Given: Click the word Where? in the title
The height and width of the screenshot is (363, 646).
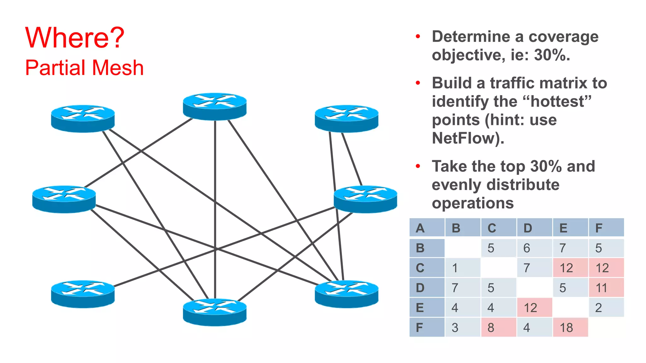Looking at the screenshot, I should [75, 38].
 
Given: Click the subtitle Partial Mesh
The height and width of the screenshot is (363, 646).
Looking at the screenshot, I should [84, 68].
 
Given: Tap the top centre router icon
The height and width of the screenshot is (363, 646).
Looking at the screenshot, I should [215, 106].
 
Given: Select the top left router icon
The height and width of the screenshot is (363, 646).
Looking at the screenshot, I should [83, 118].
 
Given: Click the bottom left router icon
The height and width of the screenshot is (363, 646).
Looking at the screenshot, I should [83, 294].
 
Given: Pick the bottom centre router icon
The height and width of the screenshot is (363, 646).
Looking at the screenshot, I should [215, 312].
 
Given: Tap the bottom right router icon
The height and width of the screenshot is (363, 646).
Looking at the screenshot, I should [346, 294].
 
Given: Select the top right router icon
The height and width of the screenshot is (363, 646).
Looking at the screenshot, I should [346, 118].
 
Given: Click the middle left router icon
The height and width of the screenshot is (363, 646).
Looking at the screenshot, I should [64, 199].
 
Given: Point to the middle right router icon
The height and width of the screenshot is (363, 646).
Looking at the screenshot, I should [365, 199].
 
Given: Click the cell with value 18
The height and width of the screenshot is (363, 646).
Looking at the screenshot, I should [570, 327].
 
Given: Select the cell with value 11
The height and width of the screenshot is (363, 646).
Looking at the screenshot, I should [606, 288].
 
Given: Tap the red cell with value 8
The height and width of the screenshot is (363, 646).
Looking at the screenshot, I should [498, 327].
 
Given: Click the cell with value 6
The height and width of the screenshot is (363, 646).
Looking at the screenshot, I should [534, 248].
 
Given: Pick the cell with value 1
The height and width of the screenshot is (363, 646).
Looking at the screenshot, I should [462, 268].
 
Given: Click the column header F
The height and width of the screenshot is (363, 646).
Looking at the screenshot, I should [606, 228].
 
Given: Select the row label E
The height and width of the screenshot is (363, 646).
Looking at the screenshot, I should [427, 308].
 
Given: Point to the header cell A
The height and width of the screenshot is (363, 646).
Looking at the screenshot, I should [427, 228].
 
